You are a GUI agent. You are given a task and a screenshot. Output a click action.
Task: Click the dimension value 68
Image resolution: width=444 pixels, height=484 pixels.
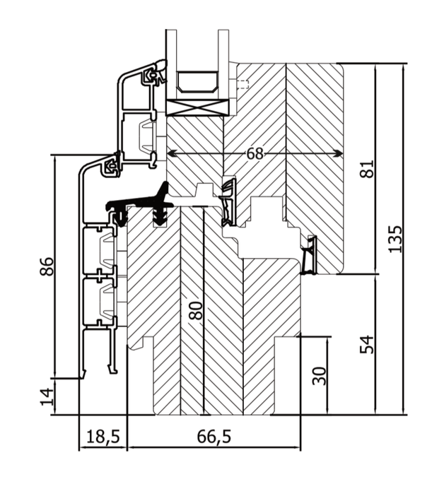[x=256, y=153]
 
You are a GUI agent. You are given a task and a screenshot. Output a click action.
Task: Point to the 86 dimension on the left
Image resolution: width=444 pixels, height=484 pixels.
[x=47, y=266]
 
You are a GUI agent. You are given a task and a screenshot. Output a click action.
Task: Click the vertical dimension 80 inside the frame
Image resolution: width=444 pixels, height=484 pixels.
[x=196, y=310]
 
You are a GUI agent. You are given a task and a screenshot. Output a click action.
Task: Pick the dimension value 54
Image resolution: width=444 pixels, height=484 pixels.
[x=366, y=344]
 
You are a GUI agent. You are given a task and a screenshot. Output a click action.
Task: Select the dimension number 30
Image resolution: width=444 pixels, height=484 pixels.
[x=320, y=375]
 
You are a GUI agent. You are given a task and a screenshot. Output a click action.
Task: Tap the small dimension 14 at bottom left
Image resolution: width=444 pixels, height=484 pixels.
[x=47, y=397]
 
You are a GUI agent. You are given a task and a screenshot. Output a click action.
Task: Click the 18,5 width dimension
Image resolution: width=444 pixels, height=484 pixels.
[x=102, y=437]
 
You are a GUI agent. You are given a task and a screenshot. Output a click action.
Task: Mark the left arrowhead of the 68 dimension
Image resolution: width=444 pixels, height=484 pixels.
[x=170, y=153]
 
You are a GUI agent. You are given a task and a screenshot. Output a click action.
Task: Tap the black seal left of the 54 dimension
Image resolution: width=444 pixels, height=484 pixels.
[x=310, y=255]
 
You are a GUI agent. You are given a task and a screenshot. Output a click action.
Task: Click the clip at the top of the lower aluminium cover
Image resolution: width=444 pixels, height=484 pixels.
[x=111, y=167]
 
